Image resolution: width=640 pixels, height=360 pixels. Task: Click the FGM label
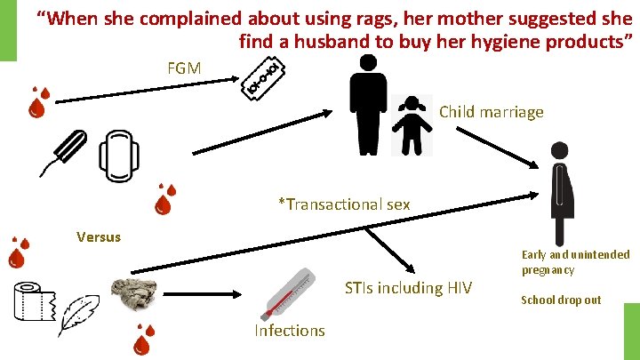tap(184, 68)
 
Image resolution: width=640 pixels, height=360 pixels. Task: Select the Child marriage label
tap(491, 112)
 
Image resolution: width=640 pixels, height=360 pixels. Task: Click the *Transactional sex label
tap(344, 204)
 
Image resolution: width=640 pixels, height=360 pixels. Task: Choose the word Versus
tap(99, 237)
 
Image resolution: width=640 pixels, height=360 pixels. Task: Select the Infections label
tap(290, 331)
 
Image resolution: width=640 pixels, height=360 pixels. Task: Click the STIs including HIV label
tap(408, 287)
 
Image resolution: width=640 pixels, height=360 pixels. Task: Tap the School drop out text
tap(561, 300)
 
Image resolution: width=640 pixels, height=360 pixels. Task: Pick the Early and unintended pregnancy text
tap(575, 261)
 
